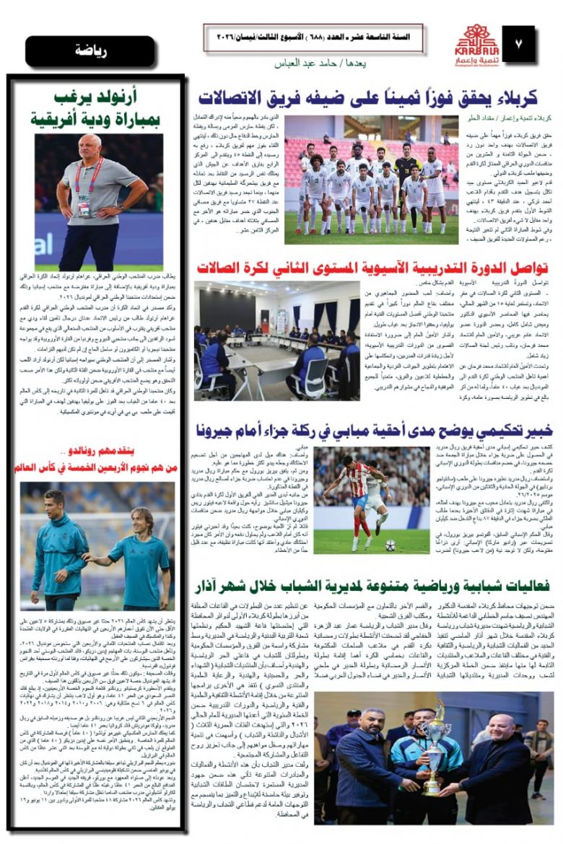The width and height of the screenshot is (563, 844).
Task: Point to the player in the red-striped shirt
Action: pyautogui.click(x=346, y=498)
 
